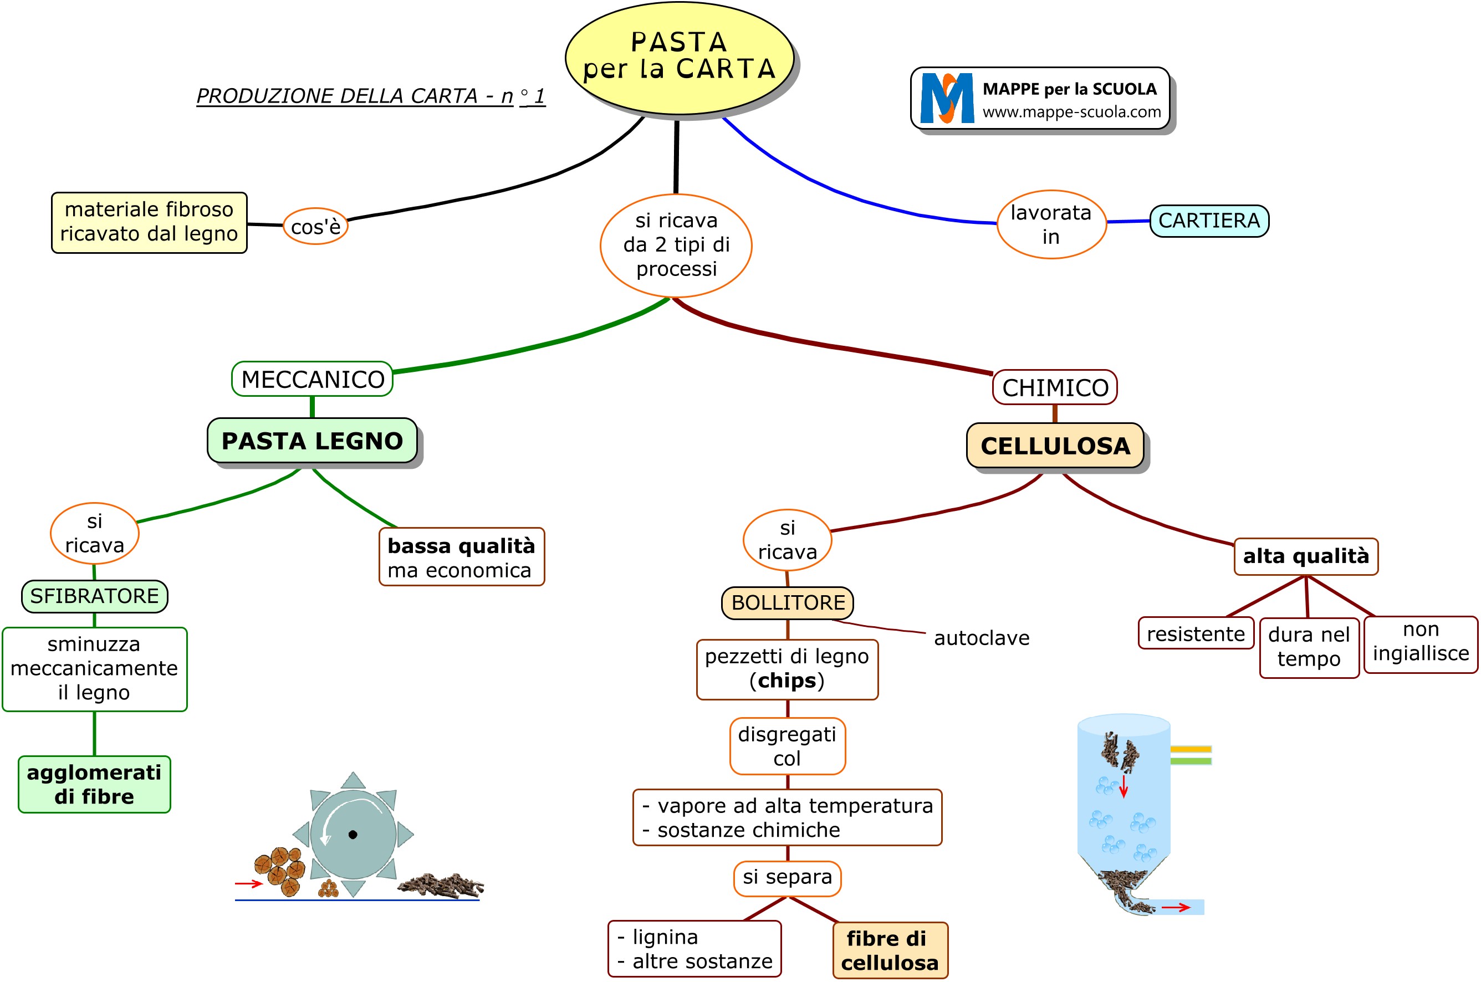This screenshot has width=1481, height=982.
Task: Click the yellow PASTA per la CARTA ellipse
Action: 679,58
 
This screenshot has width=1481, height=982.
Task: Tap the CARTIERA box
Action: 1209,221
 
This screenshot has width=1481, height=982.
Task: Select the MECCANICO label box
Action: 313,380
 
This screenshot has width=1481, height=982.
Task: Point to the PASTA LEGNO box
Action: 312,441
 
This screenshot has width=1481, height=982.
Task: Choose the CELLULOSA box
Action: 1055,446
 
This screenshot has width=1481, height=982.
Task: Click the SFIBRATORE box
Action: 95,596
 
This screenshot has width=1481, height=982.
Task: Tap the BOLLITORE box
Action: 787,602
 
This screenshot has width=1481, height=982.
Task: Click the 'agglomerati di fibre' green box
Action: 95,784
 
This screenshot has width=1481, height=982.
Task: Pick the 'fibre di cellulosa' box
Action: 889,950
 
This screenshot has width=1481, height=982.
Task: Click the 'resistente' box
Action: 1196,634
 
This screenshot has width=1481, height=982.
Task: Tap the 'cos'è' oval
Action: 315,226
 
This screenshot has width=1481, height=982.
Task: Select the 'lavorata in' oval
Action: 1051,224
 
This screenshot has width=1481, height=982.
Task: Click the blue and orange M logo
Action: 947,98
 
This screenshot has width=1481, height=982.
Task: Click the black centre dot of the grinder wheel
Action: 353,834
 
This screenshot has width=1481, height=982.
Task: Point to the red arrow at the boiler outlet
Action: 1175,907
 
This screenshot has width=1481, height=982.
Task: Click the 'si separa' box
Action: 787,877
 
